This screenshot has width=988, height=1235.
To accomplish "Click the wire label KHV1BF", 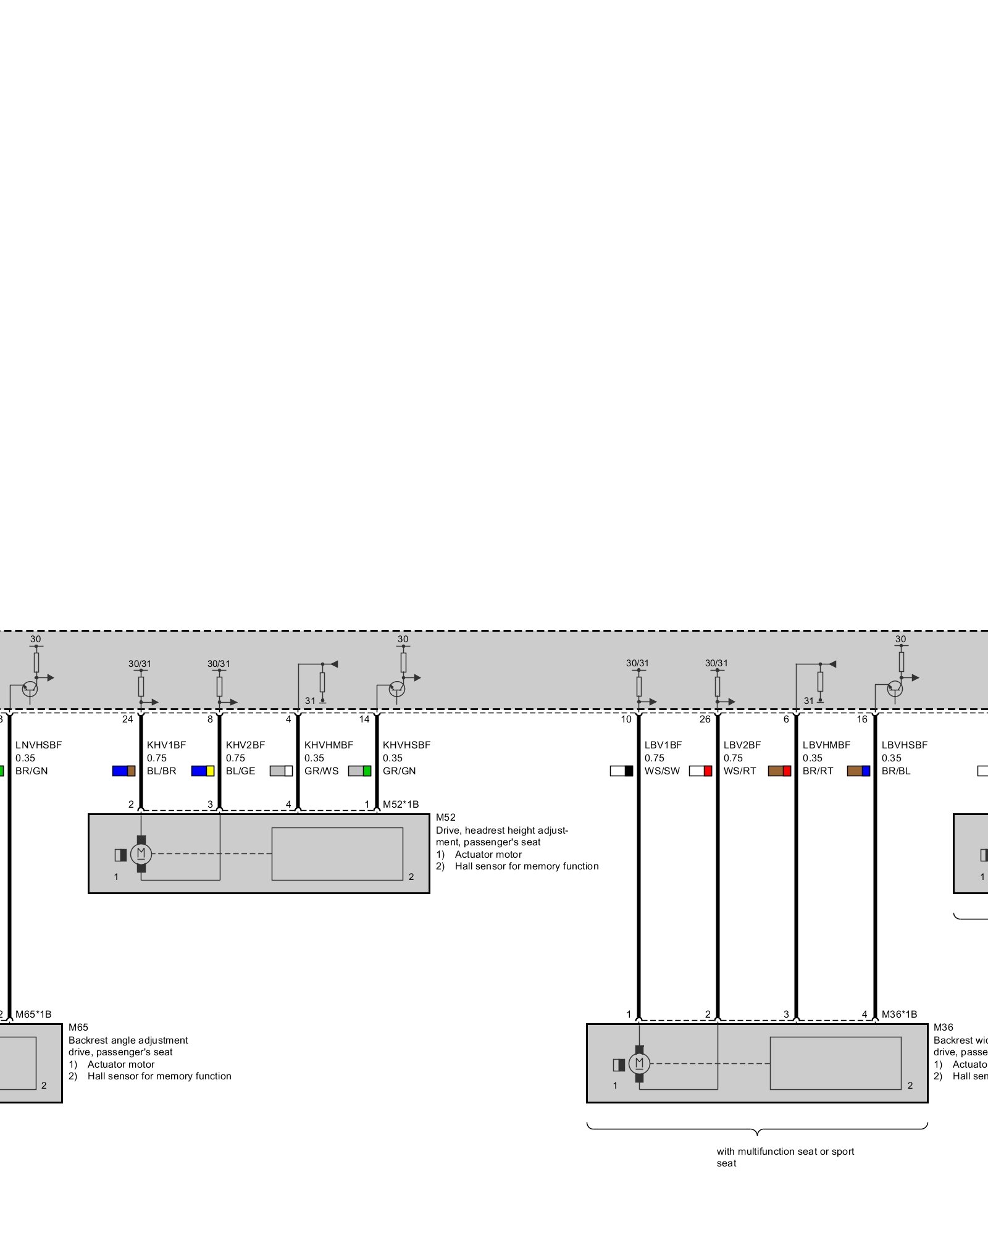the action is coord(166,745).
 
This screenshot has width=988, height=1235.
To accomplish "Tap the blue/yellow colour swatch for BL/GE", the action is coord(203,771).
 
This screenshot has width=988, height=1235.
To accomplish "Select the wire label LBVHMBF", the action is coord(826,745).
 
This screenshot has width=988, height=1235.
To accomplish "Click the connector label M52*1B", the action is coord(401,804).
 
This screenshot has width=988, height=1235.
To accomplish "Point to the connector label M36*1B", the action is coord(899,1014).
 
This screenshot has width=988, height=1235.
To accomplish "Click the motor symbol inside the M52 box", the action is coord(141,854).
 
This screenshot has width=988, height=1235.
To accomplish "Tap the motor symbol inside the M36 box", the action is coord(639,1063).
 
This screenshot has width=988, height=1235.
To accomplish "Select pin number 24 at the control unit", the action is coord(127,719).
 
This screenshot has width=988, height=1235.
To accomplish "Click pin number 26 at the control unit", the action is coord(705,719).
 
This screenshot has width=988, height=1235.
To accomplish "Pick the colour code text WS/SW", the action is coord(662,771).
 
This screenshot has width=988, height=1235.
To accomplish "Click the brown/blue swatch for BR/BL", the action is coord(858,771).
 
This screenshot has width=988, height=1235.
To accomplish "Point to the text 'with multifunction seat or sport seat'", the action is coord(785,1157).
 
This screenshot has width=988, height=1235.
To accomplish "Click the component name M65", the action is coord(78,1027).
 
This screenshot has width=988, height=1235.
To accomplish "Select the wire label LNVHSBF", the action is coord(38,745).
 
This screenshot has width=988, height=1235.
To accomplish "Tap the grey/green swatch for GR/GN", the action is coord(359,771).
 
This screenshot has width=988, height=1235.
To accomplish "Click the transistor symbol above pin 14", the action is coord(397,688).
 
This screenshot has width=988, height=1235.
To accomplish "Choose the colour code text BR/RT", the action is coord(818,771).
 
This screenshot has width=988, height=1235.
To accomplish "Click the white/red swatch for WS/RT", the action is coord(700,771).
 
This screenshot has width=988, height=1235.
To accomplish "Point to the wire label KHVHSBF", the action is coord(406,745).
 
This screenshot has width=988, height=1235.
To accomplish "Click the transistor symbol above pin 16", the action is coord(895,688).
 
